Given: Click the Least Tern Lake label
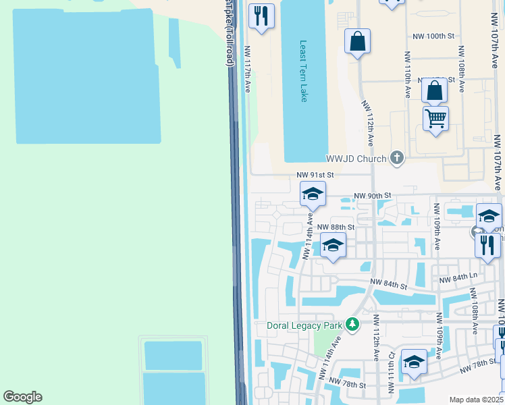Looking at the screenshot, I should [x=303, y=71].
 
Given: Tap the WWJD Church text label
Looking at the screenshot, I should [x=356, y=159].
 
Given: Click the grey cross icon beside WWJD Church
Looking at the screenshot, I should [x=396, y=159].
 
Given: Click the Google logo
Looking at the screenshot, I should [x=22, y=397].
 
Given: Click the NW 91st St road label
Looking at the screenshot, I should [x=311, y=174].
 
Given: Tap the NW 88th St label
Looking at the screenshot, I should [x=336, y=227].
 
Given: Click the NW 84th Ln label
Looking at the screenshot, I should [x=458, y=277].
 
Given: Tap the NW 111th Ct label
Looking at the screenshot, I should [x=391, y=371].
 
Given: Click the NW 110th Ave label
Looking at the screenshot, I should [x=408, y=74].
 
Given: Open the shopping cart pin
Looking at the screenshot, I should [x=435, y=119].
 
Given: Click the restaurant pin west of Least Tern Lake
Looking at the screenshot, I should [x=261, y=15].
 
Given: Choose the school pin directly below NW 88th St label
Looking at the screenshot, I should [x=333, y=245].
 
